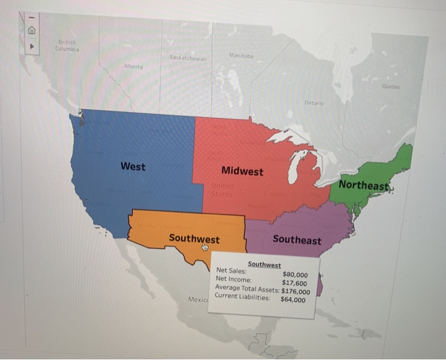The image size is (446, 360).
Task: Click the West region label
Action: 133,166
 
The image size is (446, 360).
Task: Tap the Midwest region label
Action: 242,171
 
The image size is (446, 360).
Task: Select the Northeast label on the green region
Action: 364,185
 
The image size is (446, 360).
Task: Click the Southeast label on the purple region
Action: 297,240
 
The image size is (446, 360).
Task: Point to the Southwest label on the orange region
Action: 194,239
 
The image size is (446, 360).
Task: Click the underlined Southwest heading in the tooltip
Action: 264,264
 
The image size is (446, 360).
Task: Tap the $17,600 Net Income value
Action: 294,284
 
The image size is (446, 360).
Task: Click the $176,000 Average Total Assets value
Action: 296,292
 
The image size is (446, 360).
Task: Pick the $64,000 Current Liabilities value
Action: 293,299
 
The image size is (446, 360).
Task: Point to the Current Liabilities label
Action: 243,296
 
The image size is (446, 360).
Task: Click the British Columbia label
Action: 66,45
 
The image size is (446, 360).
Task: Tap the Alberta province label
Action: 133,66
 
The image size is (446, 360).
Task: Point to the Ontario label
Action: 314,103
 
